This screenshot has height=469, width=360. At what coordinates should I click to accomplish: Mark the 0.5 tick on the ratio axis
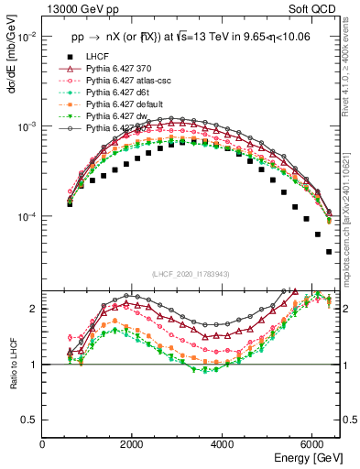[x=30, y=420]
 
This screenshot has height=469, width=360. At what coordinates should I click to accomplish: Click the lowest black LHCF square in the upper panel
[x=328, y=251]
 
